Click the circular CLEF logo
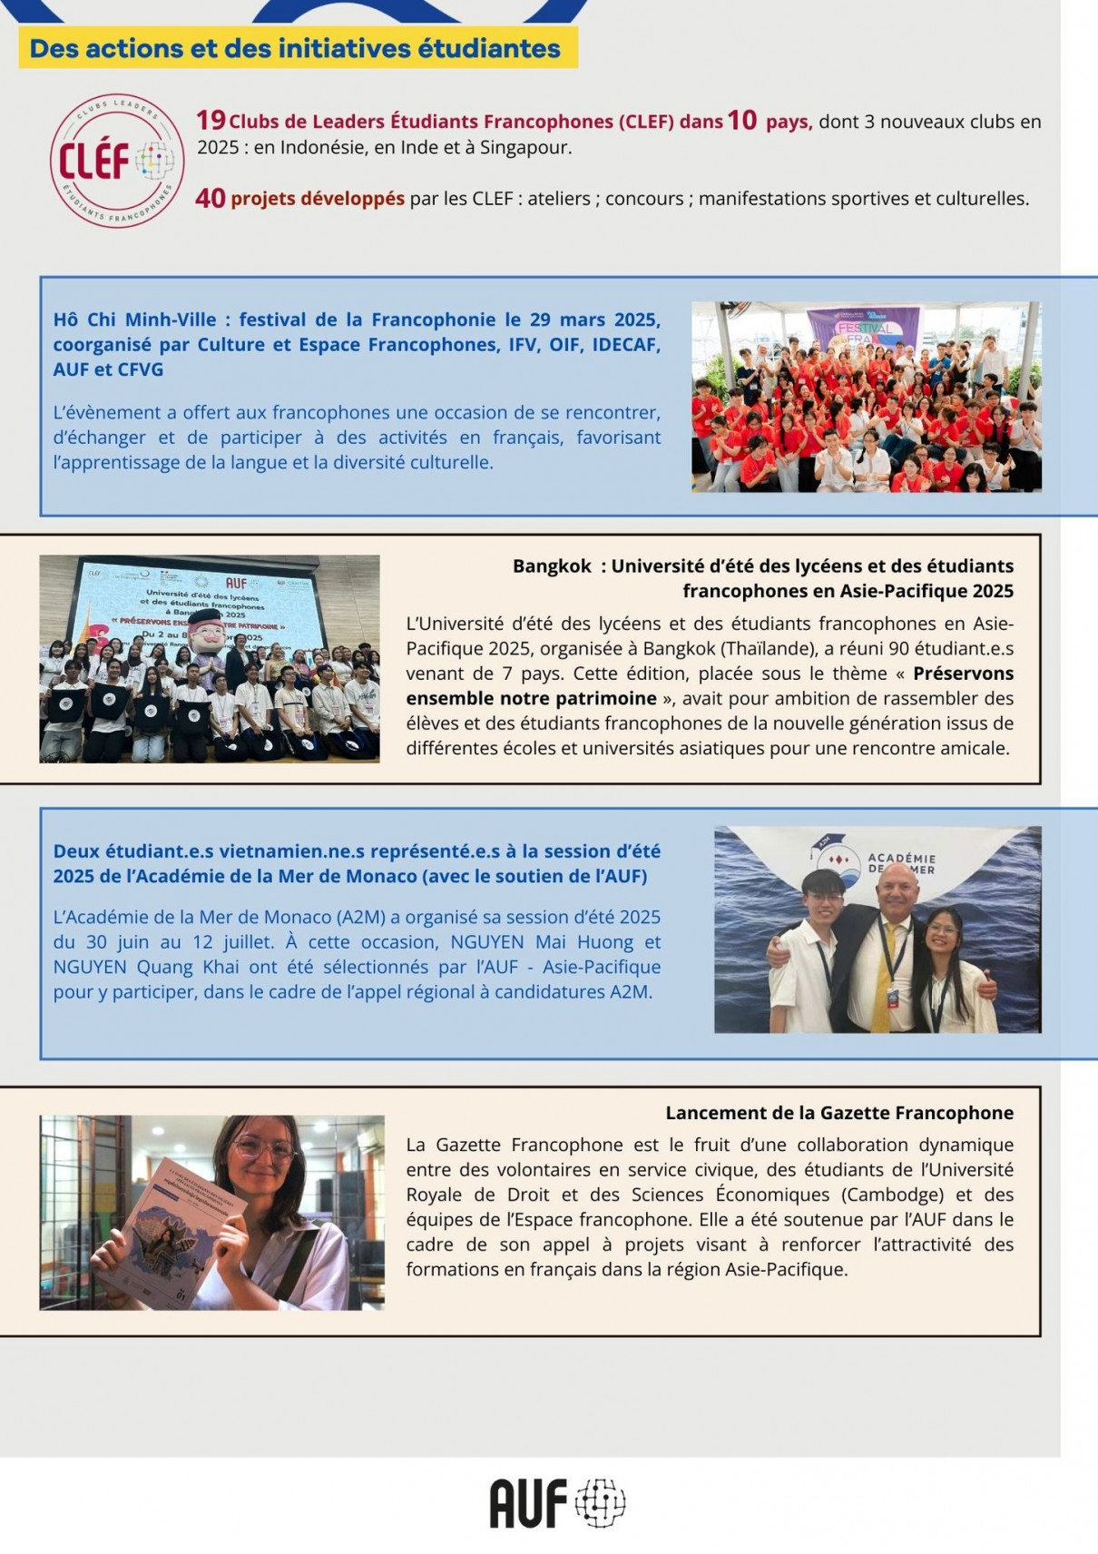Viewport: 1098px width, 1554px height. [x=117, y=161]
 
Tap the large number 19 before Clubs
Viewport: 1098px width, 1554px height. [x=211, y=120]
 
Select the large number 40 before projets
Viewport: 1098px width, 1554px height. [x=210, y=197]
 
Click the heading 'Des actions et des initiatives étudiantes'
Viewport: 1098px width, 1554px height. [x=296, y=48]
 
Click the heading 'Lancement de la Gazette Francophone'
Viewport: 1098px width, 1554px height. [x=839, y=1113]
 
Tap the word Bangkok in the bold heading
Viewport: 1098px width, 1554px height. [x=552, y=566]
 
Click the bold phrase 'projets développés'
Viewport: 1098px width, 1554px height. [x=318, y=198]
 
